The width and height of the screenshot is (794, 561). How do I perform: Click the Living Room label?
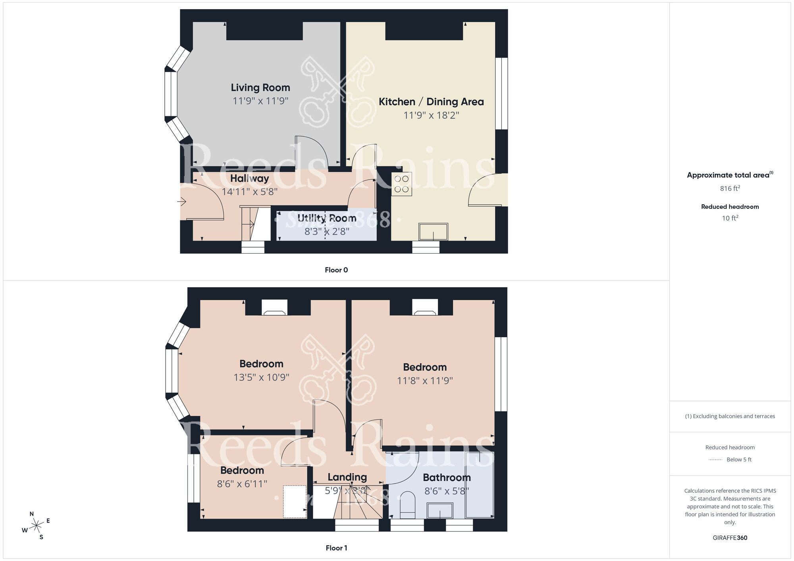[x=260, y=88]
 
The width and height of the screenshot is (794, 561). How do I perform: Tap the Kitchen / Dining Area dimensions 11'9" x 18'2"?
[x=431, y=115]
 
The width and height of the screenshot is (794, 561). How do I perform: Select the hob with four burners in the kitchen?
[x=401, y=184]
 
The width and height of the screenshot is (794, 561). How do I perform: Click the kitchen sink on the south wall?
[x=433, y=232]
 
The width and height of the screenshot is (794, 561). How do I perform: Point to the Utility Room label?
[x=327, y=218]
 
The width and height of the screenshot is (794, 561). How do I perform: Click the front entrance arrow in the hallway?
[x=182, y=202]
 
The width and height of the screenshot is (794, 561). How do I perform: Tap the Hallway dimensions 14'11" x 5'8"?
[x=249, y=192]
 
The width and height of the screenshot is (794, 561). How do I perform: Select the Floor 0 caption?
[x=336, y=270]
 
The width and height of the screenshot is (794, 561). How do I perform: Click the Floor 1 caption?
[x=336, y=548]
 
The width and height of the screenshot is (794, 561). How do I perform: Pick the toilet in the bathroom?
[x=407, y=505]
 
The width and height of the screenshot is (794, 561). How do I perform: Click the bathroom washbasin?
[x=440, y=511]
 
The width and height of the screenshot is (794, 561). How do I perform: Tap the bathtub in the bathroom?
[x=480, y=485]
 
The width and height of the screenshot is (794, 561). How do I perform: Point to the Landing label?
[x=347, y=477]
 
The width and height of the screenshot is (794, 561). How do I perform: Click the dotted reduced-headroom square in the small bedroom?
[x=295, y=501]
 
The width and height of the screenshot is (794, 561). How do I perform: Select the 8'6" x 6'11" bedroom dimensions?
[x=242, y=484]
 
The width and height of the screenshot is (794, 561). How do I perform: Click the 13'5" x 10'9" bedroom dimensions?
[x=261, y=377]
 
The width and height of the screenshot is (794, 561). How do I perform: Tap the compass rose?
[x=37, y=526]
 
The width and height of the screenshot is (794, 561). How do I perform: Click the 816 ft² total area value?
[x=730, y=188]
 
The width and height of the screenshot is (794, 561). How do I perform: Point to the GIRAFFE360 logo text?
[x=730, y=538]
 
